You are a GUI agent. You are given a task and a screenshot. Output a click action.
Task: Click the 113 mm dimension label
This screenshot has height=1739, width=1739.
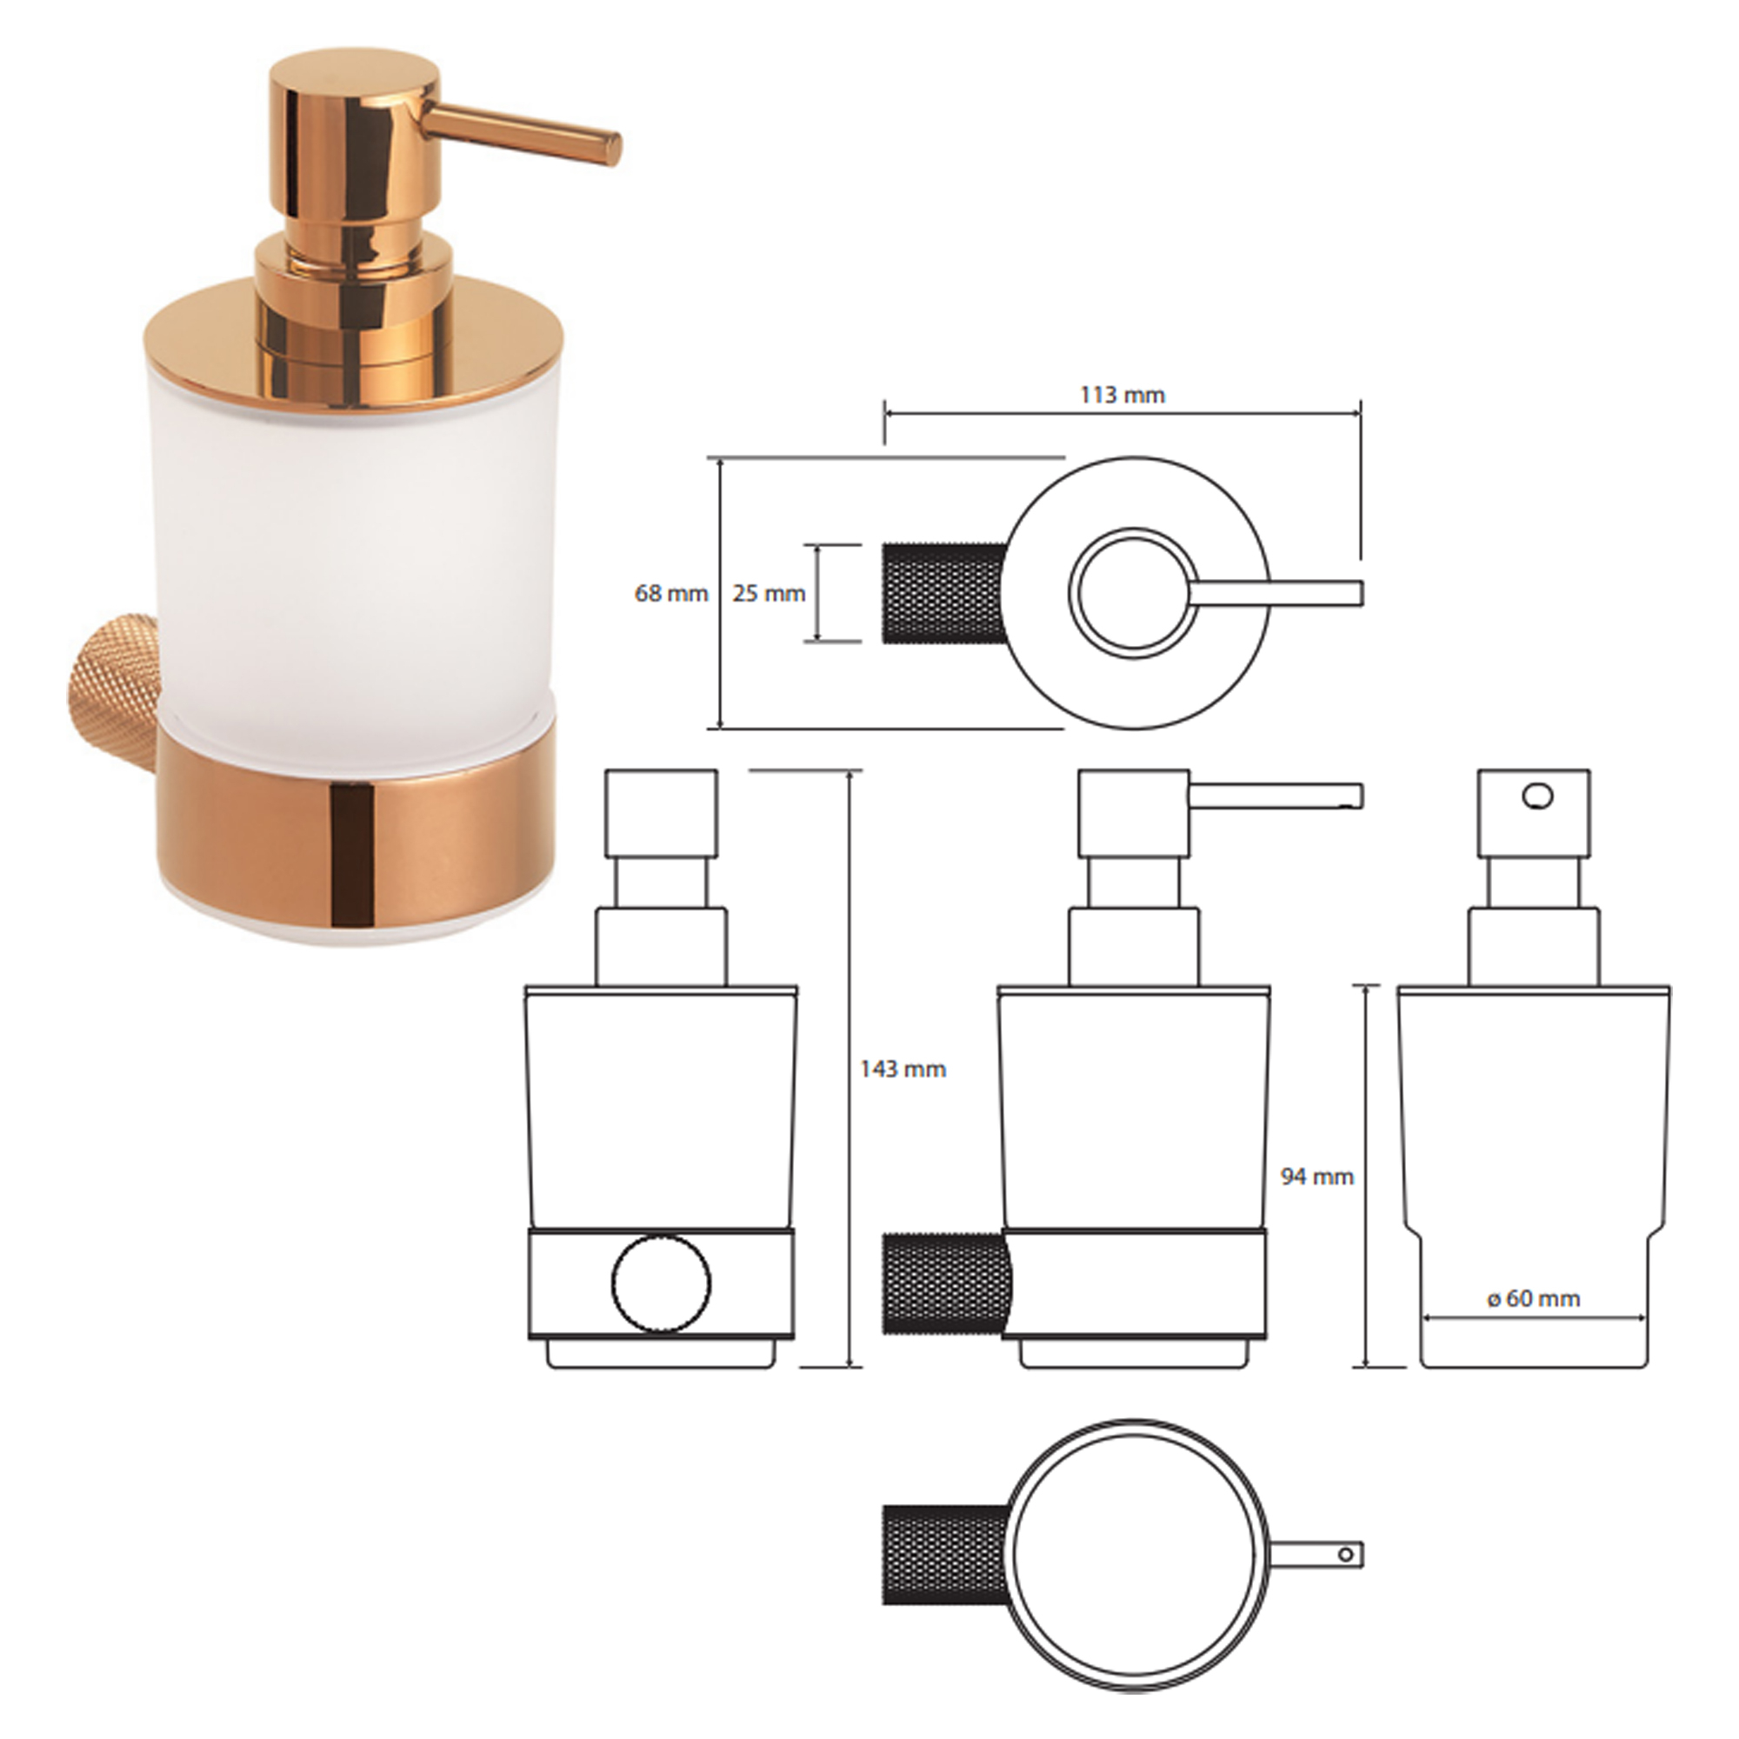(x=1122, y=395)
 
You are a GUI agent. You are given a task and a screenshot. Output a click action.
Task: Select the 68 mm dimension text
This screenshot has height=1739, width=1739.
(x=670, y=594)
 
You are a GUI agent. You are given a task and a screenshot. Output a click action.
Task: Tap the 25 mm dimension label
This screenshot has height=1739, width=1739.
(x=768, y=594)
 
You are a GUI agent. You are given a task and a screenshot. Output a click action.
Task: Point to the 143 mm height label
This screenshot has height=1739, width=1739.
(x=903, y=1069)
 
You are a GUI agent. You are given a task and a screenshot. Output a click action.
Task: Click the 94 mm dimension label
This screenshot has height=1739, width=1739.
(x=1316, y=1176)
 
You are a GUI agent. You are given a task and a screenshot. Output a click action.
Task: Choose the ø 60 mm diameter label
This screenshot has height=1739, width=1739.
(x=1533, y=1299)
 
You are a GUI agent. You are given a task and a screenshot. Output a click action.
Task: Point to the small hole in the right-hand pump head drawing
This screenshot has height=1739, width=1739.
(x=1536, y=796)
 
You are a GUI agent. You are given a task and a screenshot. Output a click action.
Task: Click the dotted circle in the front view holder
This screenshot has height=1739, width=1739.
(x=661, y=1283)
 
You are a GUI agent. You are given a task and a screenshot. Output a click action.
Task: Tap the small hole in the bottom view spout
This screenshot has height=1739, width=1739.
(x=1347, y=1555)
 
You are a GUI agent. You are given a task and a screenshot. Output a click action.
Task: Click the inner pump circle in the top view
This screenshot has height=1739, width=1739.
(x=1134, y=593)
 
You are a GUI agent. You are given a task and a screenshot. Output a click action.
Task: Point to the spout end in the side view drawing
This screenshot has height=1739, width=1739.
(x=1356, y=796)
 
